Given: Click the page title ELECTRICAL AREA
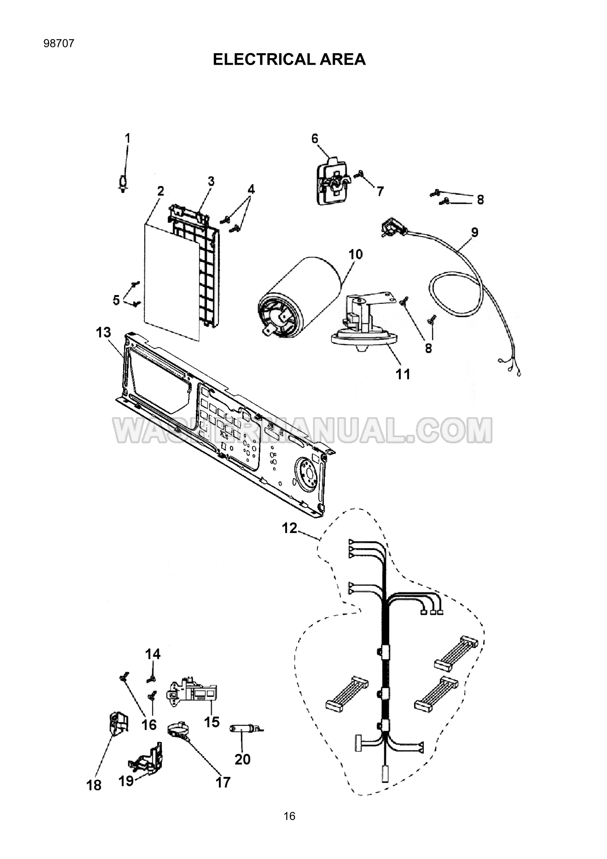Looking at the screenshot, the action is coord(289,59).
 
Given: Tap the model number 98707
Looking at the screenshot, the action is coord(59,43).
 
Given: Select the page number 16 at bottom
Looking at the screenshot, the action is coord(289,816).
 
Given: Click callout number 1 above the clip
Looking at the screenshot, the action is coord(128,138).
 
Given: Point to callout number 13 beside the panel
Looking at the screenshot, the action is coord(103,332).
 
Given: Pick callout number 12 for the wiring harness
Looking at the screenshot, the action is coord(290,528).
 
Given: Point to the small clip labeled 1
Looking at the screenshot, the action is coord(123,184).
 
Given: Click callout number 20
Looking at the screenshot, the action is coord(242,760).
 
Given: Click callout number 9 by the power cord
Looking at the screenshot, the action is coord(475,232).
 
